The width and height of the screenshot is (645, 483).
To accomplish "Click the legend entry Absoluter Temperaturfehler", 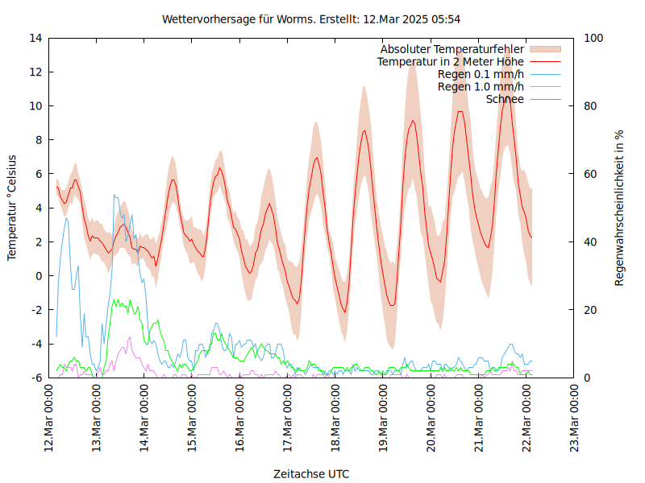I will [451, 49].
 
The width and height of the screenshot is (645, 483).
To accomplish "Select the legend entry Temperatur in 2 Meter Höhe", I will [450, 62].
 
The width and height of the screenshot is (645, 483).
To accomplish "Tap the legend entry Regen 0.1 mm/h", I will [481, 74].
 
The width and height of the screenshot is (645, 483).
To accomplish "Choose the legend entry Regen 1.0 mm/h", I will [481, 87].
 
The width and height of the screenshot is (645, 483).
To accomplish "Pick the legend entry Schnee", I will [505, 99].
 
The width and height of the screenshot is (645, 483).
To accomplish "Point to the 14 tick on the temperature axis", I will [35, 38].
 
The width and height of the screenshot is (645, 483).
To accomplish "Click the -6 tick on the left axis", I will [36, 378].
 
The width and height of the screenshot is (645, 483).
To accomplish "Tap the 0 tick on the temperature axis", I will [39, 275].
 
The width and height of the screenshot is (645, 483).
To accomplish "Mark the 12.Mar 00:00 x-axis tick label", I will [49, 419].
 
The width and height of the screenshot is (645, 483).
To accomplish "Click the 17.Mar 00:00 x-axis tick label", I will [289, 419].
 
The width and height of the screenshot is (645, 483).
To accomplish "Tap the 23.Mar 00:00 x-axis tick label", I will [575, 419].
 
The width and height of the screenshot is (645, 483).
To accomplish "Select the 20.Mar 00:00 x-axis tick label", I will [431, 419].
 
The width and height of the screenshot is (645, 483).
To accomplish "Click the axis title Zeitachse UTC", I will [311, 473].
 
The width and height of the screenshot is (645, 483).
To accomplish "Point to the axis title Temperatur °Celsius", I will [12, 208].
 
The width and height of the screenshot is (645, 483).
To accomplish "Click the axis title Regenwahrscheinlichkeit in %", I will [619, 208].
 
